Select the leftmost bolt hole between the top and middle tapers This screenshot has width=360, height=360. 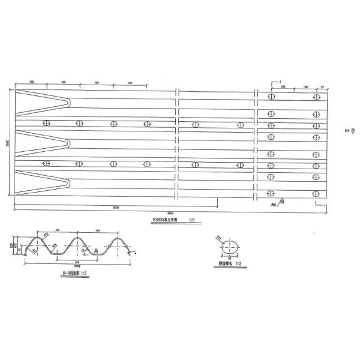coord(46,124)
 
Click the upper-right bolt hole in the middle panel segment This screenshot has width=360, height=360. coord(240,125)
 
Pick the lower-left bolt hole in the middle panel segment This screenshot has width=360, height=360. coord(196,164)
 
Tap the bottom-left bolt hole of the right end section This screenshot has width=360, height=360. coord(271,193)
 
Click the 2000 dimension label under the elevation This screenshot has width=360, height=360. coord(115,207)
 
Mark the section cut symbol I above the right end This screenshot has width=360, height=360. coord(280,80)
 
